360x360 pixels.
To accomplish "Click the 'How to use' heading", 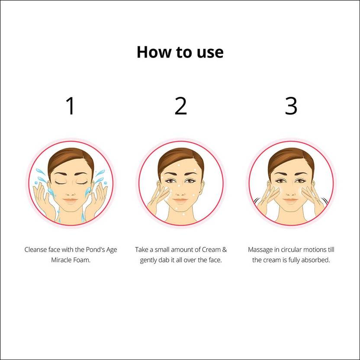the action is tap(180, 52).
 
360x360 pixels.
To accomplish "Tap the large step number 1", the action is tap(70, 106).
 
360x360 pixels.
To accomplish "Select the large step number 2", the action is tap(181, 106).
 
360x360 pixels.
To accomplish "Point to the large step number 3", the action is tap(291, 106).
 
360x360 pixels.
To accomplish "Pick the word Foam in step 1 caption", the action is tap(82, 260).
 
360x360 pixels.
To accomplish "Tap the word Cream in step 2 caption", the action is tap(211, 250).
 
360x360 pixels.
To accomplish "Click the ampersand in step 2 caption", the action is tap(225, 250).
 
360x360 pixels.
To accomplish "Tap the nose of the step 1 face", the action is tap(71, 193).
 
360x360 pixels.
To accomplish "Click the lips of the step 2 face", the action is tap(180, 201).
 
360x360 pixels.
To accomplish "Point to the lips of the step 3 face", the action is tap(290, 201).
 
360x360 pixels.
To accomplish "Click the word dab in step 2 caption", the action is tap(164, 260).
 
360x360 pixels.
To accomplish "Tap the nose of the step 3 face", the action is tap(290, 193).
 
